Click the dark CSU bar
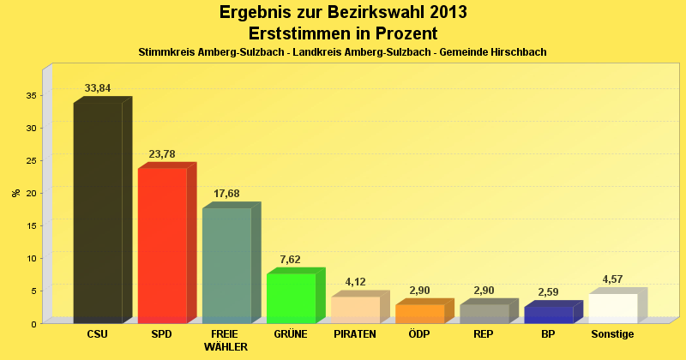click(x=98, y=213)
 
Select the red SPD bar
click(x=162, y=245)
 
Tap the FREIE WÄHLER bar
click(x=226, y=265)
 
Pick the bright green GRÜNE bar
click(x=291, y=297)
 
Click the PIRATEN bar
click(x=355, y=309)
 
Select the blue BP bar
click(x=548, y=315)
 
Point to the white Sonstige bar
click(x=612, y=308)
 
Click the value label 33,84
click(x=98, y=88)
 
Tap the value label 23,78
click(x=162, y=154)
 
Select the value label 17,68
click(x=226, y=194)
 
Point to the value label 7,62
click(x=291, y=259)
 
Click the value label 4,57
click(x=612, y=279)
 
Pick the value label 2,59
click(x=548, y=292)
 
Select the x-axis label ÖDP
click(x=419, y=334)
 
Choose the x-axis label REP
click(x=484, y=334)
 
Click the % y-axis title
click(x=15, y=193)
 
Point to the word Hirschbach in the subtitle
click(x=518, y=52)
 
